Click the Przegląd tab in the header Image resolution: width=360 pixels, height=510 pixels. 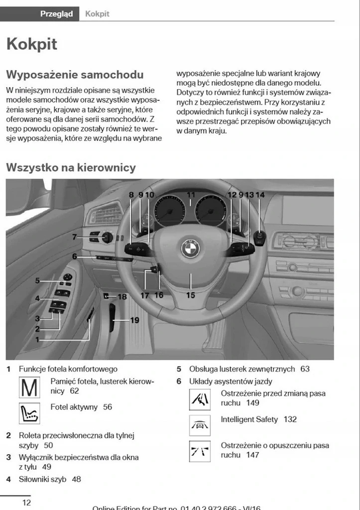point(56,14)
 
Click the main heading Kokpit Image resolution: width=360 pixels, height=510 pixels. point(31,44)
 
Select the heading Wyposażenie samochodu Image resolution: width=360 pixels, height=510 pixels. point(75,75)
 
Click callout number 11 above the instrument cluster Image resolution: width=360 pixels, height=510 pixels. point(191,195)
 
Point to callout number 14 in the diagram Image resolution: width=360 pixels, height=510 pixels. point(260,195)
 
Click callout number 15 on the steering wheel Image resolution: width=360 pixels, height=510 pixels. point(191,295)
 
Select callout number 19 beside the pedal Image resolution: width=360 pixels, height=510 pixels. point(134,320)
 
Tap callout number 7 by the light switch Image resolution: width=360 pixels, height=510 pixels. point(74,237)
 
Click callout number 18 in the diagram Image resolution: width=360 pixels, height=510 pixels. point(122,297)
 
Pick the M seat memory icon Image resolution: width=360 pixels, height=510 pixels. point(29,388)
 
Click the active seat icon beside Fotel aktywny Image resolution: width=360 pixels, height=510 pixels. point(29,413)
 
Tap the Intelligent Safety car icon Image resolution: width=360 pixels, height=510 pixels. point(199,424)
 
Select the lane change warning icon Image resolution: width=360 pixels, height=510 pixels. point(199,399)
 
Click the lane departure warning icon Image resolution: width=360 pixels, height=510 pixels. point(199,451)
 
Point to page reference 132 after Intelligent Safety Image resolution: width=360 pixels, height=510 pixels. point(290,419)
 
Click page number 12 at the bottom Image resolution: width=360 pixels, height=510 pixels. point(26,502)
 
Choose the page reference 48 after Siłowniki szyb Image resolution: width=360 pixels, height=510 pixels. point(76,479)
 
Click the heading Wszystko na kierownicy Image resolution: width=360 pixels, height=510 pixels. point(71,167)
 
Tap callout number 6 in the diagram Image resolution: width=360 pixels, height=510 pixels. point(74,256)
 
